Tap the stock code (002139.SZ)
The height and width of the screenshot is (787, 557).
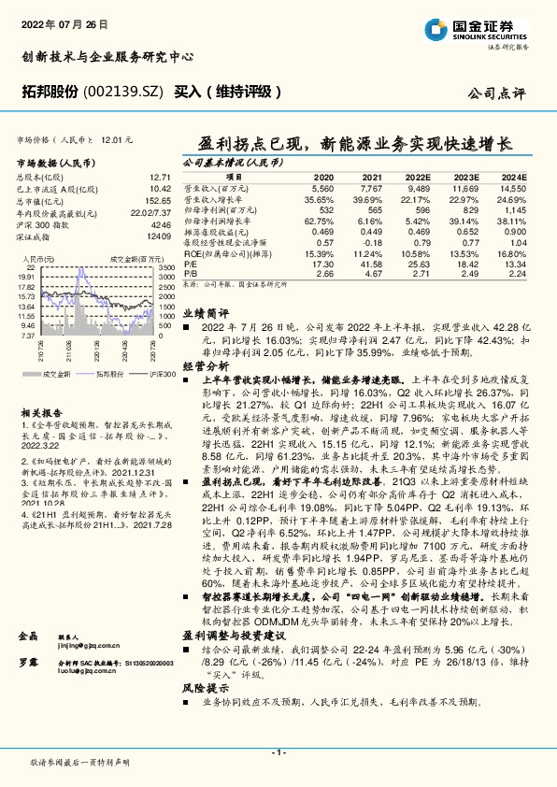click(x=126, y=91)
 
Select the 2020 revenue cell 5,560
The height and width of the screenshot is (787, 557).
click(x=322, y=188)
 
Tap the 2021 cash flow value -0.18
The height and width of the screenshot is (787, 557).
click(x=371, y=242)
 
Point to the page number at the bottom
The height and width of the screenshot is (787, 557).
click(x=278, y=751)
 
